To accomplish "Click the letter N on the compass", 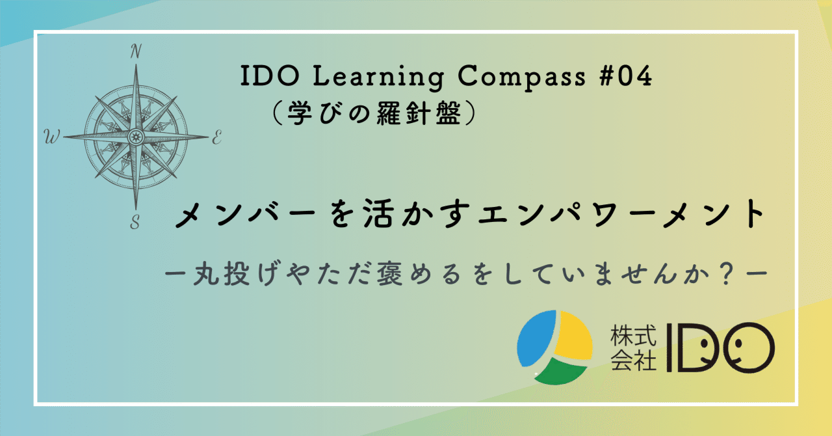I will (136, 51).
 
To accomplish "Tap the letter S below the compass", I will (135, 223).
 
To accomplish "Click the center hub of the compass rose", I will (135, 137).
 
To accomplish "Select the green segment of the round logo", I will (561, 371).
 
